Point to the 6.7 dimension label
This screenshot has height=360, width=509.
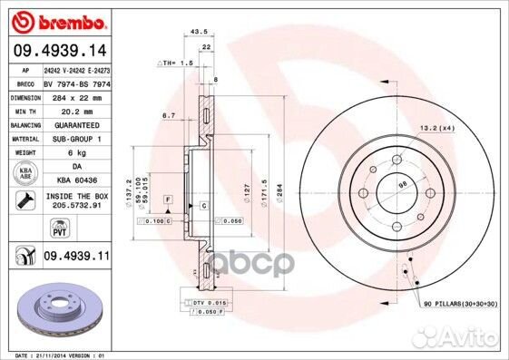point(168,116)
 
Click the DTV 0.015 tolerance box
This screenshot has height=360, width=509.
point(210,303)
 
